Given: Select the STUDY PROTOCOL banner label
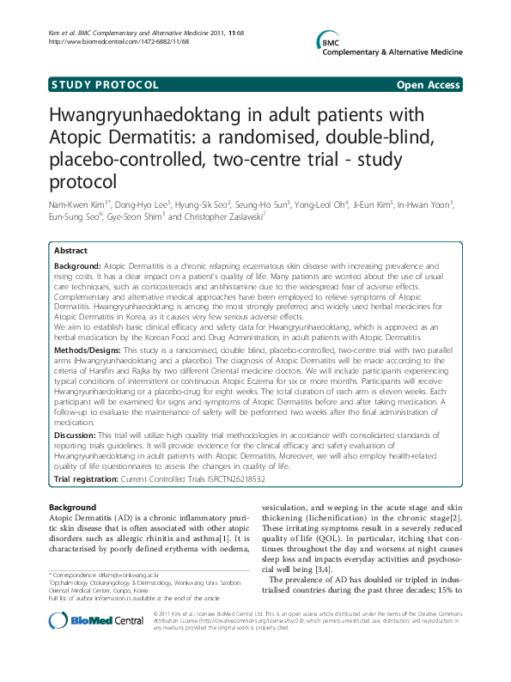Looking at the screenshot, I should (105, 85).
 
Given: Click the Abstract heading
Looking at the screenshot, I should (70, 251).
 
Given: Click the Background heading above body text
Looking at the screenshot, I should (72, 508).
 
